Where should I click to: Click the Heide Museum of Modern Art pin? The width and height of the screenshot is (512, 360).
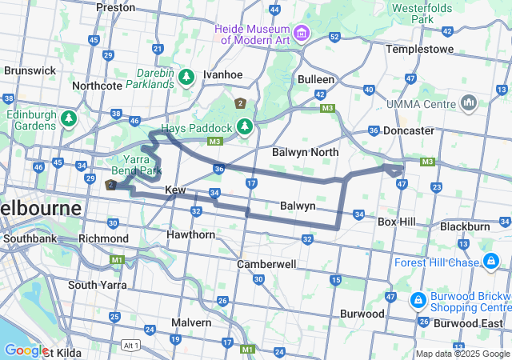coord(302,33)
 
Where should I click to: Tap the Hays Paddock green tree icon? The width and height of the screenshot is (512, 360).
coord(244,127)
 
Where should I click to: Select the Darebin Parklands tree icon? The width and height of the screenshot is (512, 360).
coord(186,77)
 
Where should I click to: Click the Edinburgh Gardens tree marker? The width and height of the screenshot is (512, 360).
coord(69,119)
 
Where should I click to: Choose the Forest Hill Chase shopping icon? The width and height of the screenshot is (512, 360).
coord(489,262)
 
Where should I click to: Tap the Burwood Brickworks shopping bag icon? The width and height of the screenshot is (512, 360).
coord(417,300)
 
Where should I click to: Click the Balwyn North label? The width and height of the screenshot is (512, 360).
coord(305,152)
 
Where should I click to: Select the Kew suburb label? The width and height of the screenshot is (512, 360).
coord(175,190)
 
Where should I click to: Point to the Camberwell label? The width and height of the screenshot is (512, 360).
coord(267,263)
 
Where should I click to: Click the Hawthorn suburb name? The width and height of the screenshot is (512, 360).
coord(190,234)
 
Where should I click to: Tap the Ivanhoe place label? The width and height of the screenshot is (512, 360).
coord(222,74)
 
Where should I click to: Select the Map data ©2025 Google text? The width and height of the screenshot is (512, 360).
coord(462,354)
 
